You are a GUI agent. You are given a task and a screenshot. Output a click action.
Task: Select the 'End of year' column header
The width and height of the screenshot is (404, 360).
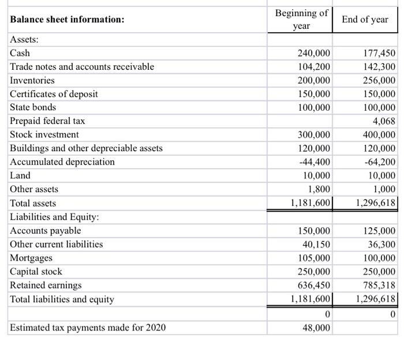(x=365, y=20)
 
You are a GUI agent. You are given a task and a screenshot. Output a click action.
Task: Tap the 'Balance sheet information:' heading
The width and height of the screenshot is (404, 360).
(x=67, y=20)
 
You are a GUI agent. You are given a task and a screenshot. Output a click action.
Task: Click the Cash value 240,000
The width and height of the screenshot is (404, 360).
(x=314, y=53)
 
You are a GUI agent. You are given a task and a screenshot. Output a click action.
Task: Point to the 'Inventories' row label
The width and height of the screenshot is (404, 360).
(x=32, y=80)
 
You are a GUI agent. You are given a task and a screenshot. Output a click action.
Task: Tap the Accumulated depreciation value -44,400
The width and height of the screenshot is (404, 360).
(x=315, y=162)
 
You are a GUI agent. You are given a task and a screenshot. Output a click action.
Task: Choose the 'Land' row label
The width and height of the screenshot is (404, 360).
(x=20, y=175)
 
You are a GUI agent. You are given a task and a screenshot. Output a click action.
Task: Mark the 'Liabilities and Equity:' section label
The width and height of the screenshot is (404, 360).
(x=54, y=217)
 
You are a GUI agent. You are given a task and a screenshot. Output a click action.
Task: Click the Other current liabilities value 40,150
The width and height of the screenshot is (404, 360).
(x=317, y=244)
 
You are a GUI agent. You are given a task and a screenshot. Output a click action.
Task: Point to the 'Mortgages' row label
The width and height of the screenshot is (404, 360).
(x=31, y=258)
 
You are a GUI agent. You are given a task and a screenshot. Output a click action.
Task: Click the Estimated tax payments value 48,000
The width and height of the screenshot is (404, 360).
(x=317, y=328)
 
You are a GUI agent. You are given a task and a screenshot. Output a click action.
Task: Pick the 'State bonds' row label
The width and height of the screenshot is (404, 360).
(x=33, y=107)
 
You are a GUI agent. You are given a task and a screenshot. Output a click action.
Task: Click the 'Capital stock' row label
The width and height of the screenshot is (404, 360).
(x=36, y=271)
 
